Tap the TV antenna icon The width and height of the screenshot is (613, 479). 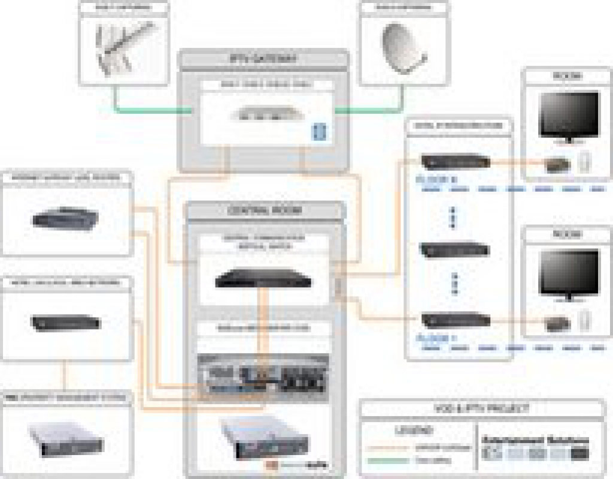[125, 48]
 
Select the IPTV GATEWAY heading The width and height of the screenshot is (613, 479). [263, 59]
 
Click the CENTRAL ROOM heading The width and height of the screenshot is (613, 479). [265, 211]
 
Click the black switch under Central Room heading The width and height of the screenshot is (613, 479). [264, 278]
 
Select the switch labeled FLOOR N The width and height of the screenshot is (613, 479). [456, 161]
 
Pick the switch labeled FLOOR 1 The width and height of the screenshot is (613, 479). [456, 320]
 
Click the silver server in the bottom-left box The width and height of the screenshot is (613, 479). [66, 438]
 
